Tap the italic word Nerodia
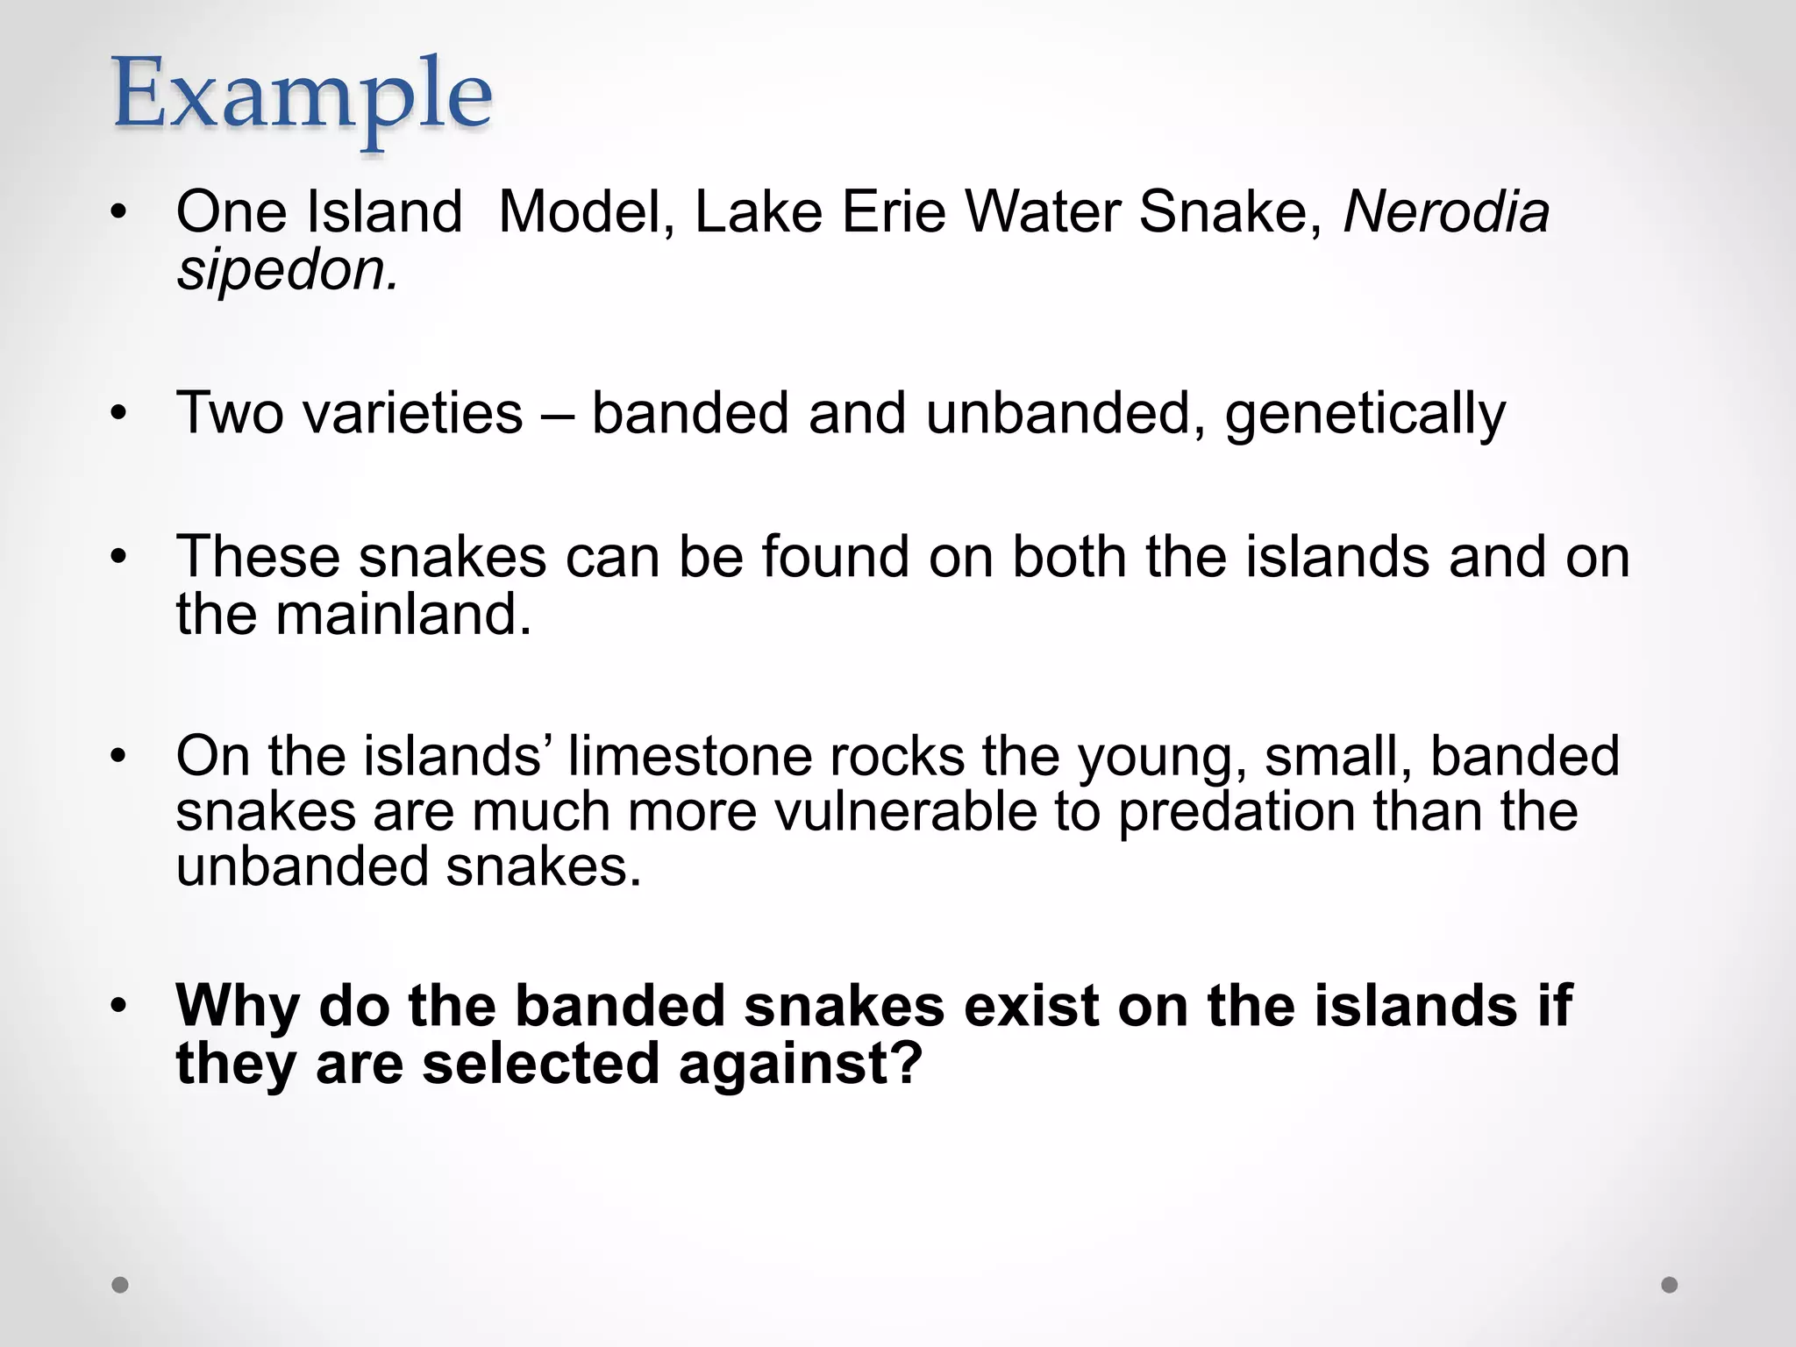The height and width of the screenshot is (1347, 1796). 1446,212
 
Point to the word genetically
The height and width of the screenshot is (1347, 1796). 1365,414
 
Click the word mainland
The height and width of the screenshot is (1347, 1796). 403,614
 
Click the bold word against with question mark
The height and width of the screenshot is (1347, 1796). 800,1063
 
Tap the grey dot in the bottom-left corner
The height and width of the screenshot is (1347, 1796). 120,1285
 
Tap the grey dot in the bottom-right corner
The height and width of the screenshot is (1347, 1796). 1670,1285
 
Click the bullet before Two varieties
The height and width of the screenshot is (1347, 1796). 119,413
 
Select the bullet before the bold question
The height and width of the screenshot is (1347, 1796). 119,1006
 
